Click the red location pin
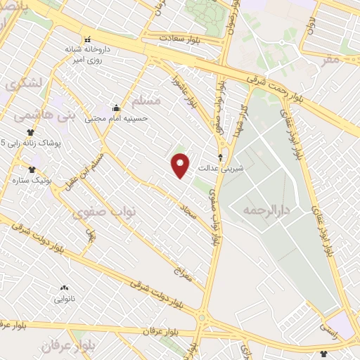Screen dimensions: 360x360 pyautogui.click(x=181, y=165)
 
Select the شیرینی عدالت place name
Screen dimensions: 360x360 pyautogui.click(x=220, y=169)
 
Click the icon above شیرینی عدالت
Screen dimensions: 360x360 pyautogui.click(x=221, y=157)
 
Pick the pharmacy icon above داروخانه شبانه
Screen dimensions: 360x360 pyautogui.click(x=87, y=39)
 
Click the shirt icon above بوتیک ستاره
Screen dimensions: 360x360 pyautogui.click(x=31, y=169)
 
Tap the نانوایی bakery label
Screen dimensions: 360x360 pyautogui.click(x=64, y=299)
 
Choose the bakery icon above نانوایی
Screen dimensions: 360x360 pyautogui.click(x=64, y=288)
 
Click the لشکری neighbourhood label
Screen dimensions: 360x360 pyautogui.click(x=25, y=83)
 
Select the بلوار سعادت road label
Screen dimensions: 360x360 pyautogui.click(x=181, y=39)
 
